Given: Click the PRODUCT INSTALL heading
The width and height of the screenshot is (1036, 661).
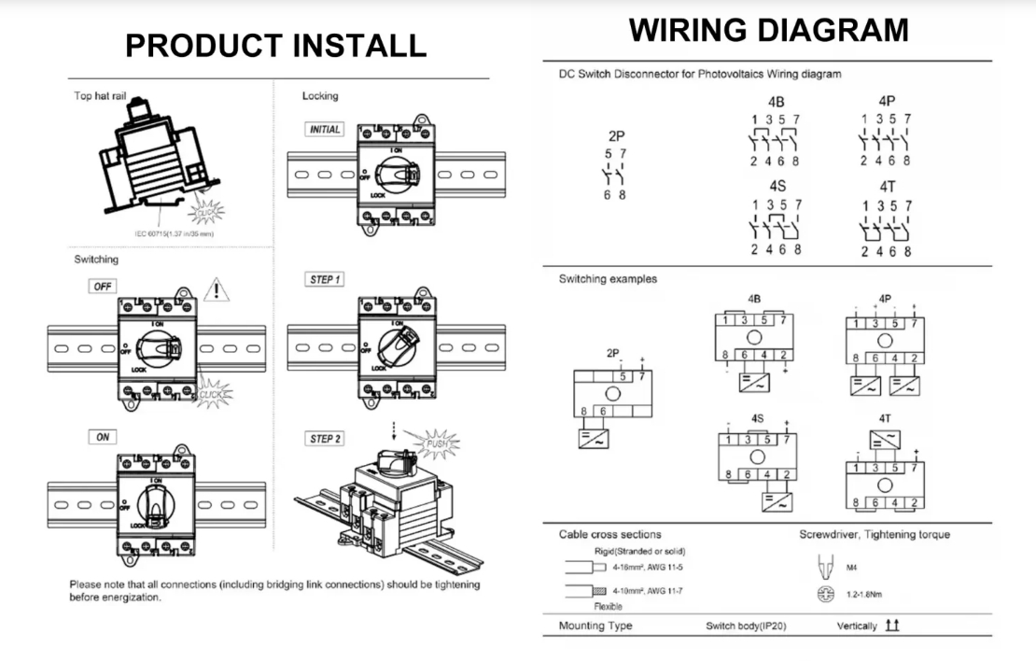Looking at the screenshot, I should point(276,45).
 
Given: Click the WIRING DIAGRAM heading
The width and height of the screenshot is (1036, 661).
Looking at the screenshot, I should point(768,31).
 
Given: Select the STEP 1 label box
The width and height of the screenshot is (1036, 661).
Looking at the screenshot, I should point(324,280).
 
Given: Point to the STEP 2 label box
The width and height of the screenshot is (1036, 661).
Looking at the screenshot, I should point(324,439).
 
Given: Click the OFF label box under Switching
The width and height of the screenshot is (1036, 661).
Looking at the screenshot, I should point(102,287).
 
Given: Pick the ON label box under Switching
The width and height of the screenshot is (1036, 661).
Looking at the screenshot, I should point(100,438).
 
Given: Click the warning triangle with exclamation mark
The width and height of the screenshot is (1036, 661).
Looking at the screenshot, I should point(217,289).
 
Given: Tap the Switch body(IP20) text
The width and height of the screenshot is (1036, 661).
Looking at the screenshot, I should point(746,626).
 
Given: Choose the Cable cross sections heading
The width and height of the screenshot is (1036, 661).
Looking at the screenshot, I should point(609,535).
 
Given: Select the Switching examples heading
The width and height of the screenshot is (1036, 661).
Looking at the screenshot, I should point(607,278).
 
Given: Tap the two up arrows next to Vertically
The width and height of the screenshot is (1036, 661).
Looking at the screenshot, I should point(893,625).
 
